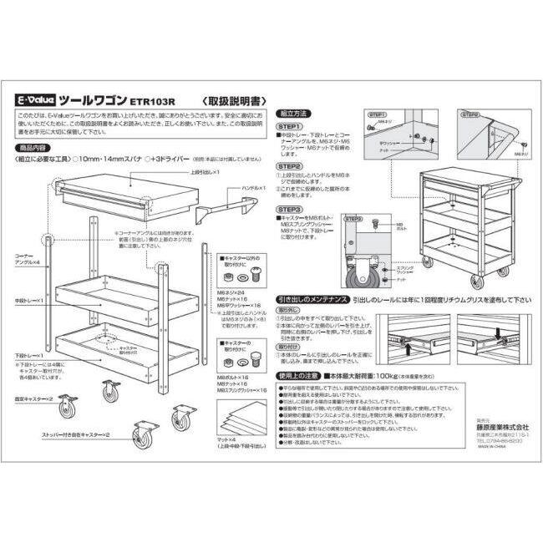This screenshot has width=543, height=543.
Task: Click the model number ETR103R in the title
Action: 150,99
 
